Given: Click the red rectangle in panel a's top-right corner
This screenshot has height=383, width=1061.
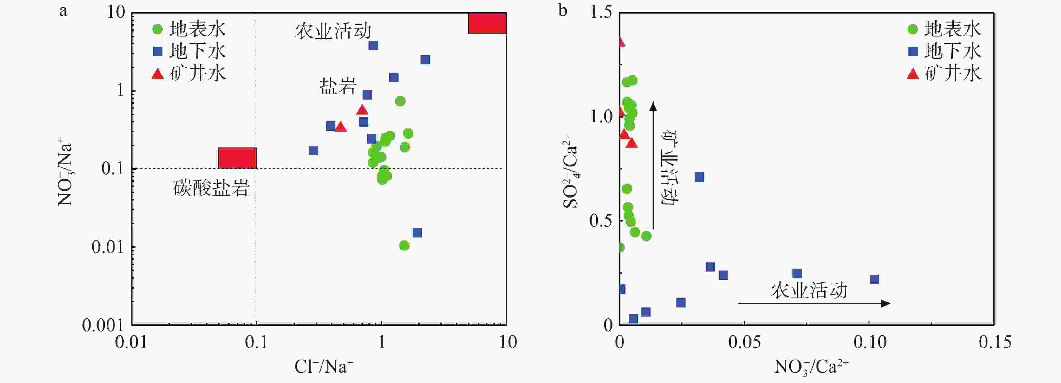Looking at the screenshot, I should [487, 23].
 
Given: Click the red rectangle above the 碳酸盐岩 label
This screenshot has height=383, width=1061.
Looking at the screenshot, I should [237, 158].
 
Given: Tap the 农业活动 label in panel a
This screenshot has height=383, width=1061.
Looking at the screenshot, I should [333, 31].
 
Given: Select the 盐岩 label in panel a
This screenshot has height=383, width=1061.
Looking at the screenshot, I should [337, 87].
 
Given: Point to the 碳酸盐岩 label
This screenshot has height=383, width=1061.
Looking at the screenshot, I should [211, 189].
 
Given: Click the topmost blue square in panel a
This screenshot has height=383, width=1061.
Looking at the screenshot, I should [373, 45].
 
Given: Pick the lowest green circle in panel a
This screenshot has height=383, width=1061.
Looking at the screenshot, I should [404, 245].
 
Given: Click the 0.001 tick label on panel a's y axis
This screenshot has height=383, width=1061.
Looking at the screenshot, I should [103, 325].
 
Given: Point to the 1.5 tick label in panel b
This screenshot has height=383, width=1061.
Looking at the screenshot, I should [602, 12].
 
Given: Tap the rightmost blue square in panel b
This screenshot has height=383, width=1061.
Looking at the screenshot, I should [874, 279].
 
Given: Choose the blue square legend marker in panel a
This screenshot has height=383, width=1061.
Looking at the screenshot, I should [158, 51].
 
